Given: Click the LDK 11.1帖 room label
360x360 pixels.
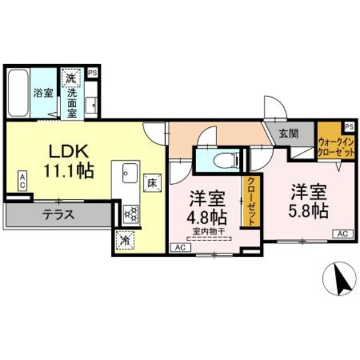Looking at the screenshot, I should (68, 161).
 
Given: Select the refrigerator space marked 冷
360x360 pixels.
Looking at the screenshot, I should (125, 240).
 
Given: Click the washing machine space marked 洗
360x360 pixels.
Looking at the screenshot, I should (71, 77).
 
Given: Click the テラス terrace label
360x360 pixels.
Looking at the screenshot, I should (58, 214).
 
